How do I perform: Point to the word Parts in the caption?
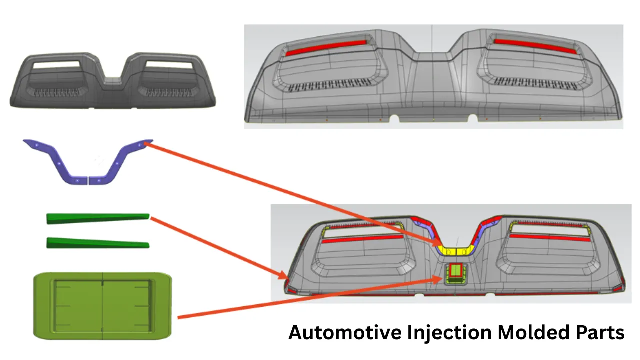click(x=599, y=333)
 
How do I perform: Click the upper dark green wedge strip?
click(x=98, y=218)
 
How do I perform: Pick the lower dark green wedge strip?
click(x=98, y=243)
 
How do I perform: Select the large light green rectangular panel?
click(x=102, y=305)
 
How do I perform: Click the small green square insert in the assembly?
click(x=455, y=272)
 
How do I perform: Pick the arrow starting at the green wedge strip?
click(x=220, y=248)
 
